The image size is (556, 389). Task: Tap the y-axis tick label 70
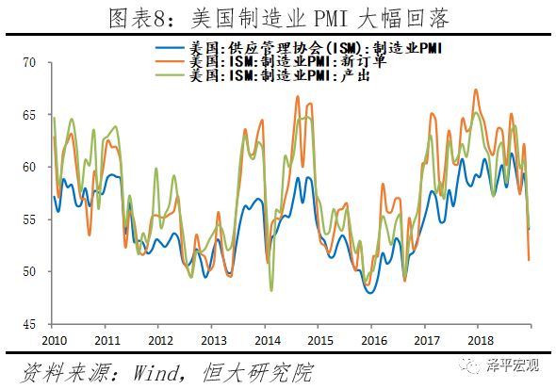(28, 63)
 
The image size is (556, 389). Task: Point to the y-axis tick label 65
(28, 115)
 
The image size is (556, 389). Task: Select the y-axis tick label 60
(28, 168)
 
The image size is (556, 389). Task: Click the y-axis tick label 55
(28, 219)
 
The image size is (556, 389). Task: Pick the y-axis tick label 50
(28, 272)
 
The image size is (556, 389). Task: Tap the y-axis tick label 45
(28, 324)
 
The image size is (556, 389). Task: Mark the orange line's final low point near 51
(529, 259)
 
